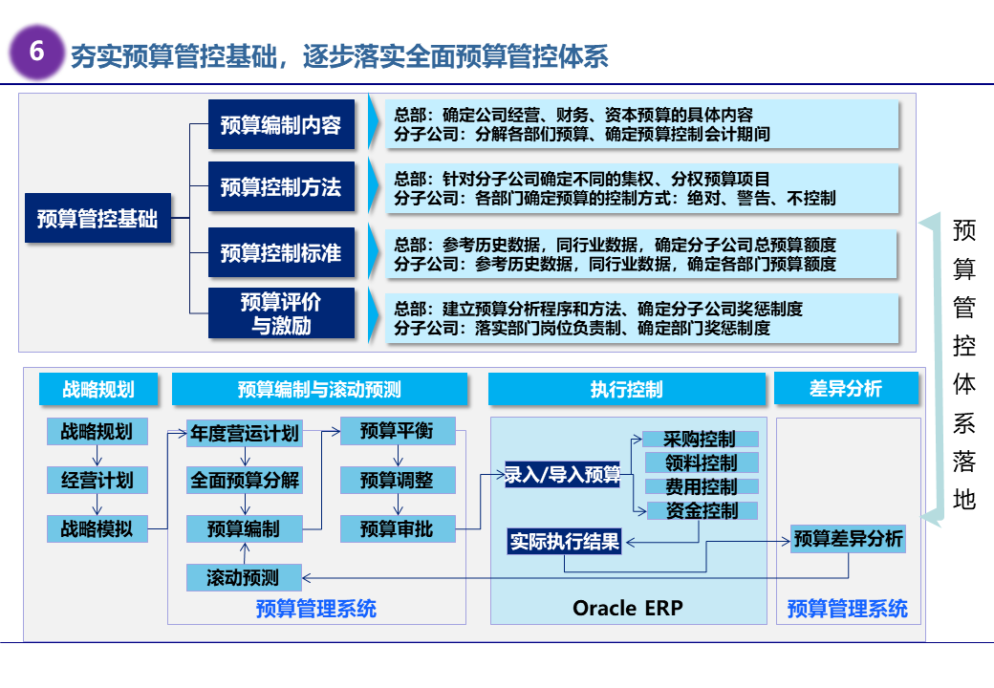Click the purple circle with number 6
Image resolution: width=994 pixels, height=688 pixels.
pyautogui.click(x=37, y=52)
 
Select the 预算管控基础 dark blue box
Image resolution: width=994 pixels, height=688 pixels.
pyautogui.click(x=97, y=219)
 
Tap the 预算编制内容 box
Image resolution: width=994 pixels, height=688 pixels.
pyautogui.click(x=281, y=124)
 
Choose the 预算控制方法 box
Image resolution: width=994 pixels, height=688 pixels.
pyautogui.click(x=281, y=187)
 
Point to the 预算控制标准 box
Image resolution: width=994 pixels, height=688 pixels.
pyautogui.click(x=281, y=253)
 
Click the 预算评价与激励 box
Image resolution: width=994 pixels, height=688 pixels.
pyautogui.click(x=281, y=313)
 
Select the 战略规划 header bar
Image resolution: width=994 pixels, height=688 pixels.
pyautogui.click(x=98, y=389)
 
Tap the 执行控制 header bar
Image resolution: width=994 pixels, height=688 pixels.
pyautogui.click(x=627, y=389)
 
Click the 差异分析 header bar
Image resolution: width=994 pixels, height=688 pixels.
pyautogui.click(x=846, y=389)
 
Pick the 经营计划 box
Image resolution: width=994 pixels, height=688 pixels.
pyautogui.click(x=97, y=480)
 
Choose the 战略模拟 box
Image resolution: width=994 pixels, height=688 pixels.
pyautogui.click(x=97, y=527)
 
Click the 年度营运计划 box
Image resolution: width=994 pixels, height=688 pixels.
pyautogui.click(x=245, y=433)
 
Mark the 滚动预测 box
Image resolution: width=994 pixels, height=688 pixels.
pyautogui.click(x=244, y=577)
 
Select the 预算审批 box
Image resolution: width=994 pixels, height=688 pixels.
pyautogui.click(x=397, y=527)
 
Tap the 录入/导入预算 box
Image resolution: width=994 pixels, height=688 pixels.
pyautogui.click(x=563, y=475)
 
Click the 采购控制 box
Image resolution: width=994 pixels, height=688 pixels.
pyautogui.click(x=702, y=440)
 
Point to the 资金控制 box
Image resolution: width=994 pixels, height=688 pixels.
pyautogui.click(x=702, y=510)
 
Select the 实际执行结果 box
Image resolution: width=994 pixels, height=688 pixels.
pyautogui.click(x=565, y=542)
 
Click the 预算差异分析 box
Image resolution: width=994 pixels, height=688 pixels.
pyautogui.click(x=849, y=539)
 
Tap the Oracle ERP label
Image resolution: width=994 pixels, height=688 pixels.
pyautogui.click(x=628, y=608)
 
